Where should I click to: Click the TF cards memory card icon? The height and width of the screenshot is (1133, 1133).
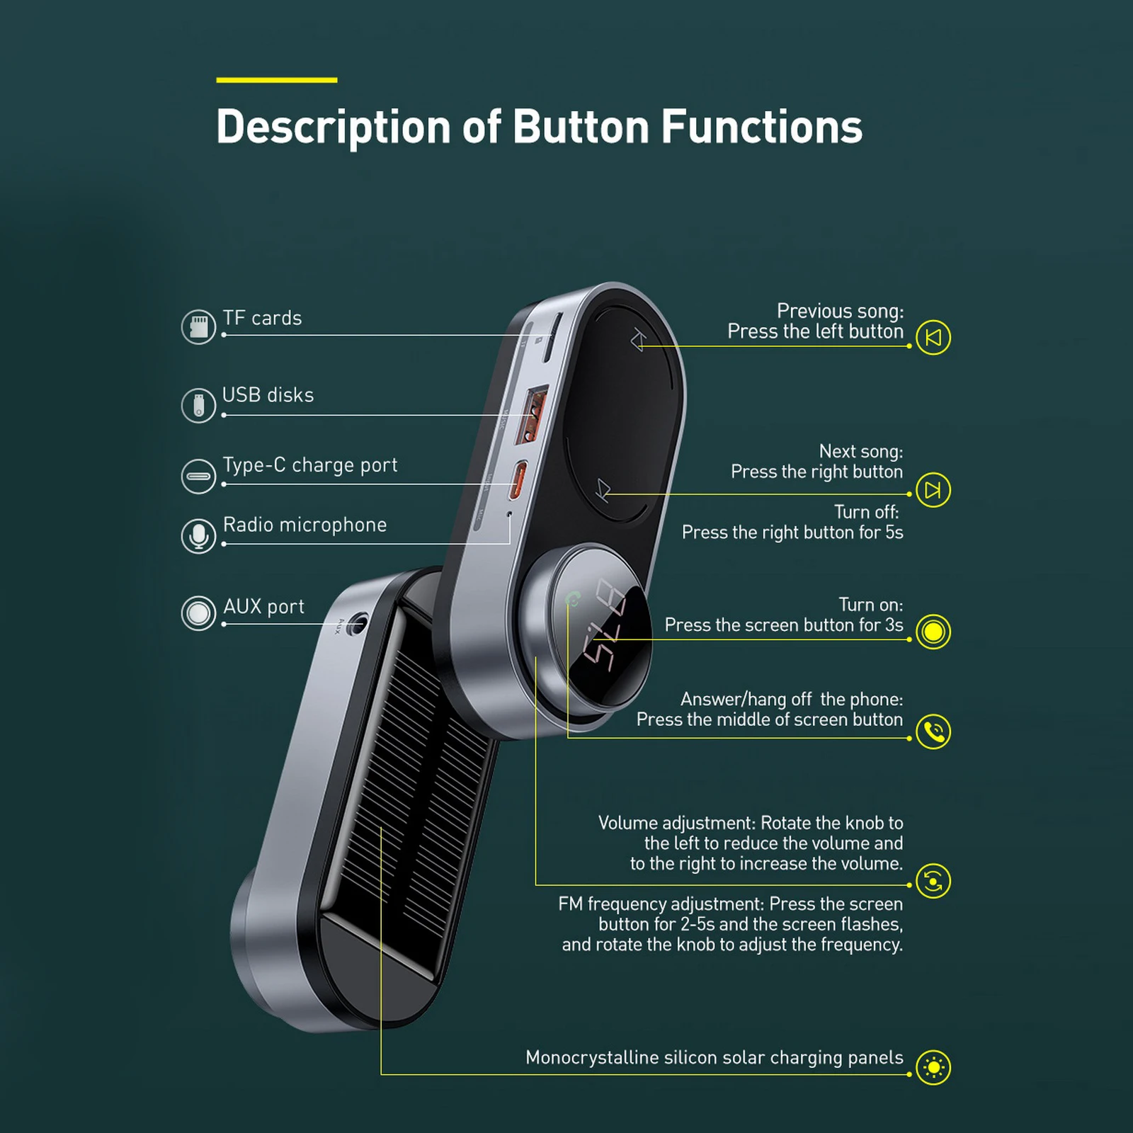[198, 326]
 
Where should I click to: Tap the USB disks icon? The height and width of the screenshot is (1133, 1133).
[198, 405]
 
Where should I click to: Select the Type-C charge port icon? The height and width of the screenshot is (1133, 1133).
[198, 476]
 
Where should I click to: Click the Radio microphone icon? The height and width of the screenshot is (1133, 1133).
[198, 536]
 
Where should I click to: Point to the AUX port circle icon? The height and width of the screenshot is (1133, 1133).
[198, 613]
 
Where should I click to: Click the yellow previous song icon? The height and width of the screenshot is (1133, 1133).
[933, 338]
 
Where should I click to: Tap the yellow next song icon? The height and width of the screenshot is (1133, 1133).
[933, 490]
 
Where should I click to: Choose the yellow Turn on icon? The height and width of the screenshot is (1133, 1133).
[933, 632]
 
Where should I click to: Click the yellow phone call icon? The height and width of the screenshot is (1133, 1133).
[933, 731]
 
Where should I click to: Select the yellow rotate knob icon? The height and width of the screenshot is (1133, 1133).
[933, 882]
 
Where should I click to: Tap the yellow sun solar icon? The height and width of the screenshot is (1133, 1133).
[933, 1067]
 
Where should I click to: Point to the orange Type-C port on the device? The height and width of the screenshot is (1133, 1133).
[520, 480]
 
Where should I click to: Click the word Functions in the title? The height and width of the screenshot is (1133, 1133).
[762, 127]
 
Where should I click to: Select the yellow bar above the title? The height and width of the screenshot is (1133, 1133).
[277, 80]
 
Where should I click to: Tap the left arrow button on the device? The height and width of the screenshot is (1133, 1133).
[638, 341]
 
